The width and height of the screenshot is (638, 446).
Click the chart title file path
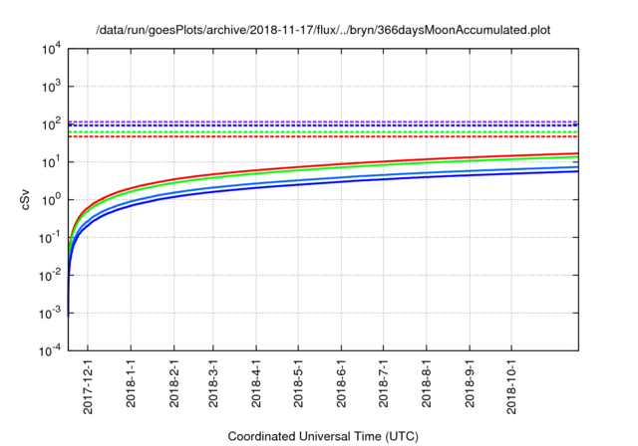pos(323,31)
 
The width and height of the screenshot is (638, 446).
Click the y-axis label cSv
pos(26,199)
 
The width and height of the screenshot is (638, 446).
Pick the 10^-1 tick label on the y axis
pos(51,238)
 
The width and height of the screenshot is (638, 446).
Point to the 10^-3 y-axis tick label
pos(51,314)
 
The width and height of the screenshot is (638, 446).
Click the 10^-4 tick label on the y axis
pos(51,351)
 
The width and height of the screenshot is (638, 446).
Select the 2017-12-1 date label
pos(88,382)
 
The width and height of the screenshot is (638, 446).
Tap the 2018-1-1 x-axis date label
pos(132,382)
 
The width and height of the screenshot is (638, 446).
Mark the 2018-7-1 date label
pos(384,382)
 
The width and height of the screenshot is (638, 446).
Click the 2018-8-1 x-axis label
pos(427,382)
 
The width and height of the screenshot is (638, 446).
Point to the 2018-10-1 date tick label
pos(511,384)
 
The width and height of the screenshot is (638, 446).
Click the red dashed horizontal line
pos(329,137)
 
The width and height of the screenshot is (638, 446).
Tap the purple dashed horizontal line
pos(329,121)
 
